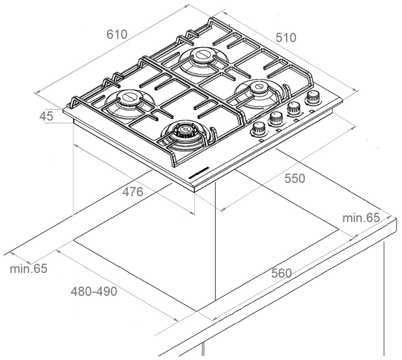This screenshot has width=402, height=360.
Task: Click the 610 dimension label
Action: [x=117, y=34]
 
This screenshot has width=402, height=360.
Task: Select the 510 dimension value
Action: [x=286, y=38]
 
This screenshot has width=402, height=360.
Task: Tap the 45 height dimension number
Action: [x=46, y=116]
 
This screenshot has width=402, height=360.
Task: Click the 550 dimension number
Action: [x=294, y=179]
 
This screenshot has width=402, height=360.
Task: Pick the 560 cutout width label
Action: [x=281, y=273]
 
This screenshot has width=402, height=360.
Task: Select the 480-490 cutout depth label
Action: [x=94, y=292]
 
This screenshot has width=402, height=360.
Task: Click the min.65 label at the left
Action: [x=29, y=268]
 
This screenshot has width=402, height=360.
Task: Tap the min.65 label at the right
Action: [x=361, y=217]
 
